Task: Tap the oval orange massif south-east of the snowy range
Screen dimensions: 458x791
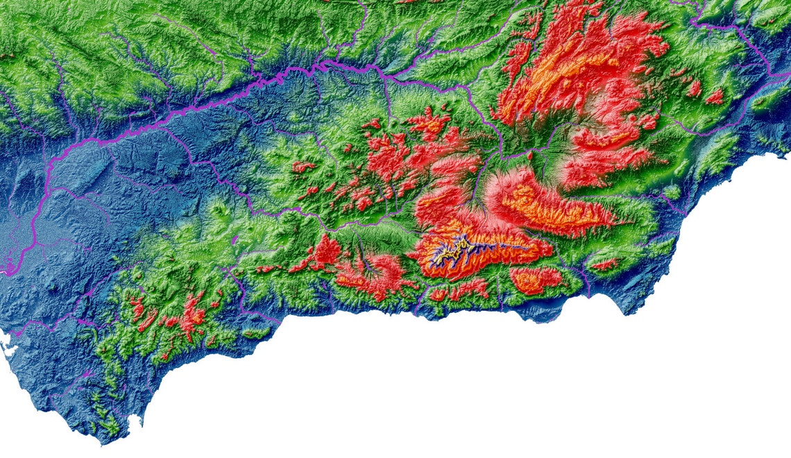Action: [535, 278]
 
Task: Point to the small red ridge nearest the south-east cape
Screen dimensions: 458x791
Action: [603, 264]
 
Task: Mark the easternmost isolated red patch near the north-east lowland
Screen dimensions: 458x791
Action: [714, 96]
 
